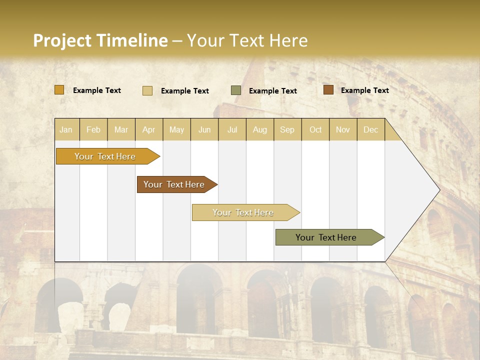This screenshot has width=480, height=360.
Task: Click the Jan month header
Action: [66, 130]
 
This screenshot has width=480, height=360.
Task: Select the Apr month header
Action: [149, 130]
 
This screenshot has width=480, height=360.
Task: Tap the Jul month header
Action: [232, 130]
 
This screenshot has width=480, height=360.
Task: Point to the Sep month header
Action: [287, 130]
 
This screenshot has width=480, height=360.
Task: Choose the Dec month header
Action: [371, 130]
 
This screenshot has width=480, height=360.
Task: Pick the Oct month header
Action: [315, 130]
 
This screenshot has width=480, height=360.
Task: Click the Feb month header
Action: [93, 130]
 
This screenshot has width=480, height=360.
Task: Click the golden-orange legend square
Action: [59, 90]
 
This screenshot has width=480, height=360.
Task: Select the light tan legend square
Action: [147, 90]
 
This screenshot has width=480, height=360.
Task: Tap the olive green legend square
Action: [236, 90]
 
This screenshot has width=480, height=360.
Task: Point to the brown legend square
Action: [328, 90]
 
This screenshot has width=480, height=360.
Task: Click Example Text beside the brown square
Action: [364, 90]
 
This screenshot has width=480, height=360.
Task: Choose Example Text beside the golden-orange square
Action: [97, 90]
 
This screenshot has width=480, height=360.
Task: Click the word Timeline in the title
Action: [131, 40]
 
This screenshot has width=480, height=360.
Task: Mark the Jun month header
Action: [204, 130]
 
